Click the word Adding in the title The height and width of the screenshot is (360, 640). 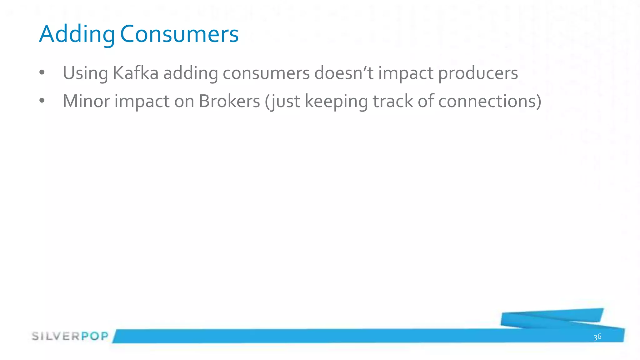point(77,34)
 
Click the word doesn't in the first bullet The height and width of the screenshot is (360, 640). point(344,73)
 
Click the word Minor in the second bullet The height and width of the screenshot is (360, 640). point(86,101)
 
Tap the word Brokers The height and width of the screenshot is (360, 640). point(229,101)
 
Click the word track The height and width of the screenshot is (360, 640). point(393,101)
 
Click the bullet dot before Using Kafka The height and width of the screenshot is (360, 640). point(42,73)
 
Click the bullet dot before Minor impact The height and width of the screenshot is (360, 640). point(42,101)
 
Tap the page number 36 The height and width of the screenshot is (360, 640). point(597,337)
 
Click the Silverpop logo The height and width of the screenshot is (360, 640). point(70,336)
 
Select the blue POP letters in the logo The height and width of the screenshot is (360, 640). point(95,336)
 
